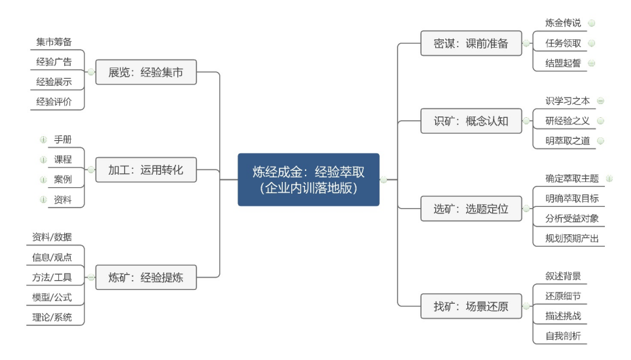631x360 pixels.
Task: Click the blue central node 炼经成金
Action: pyautogui.click(x=308, y=179)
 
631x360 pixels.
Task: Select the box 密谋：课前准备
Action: pyautogui.click(x=471, y=43)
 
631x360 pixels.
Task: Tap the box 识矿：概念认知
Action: pyautogui.click(x=471, y=120)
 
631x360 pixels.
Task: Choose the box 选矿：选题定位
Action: pyautogui.click(x=471, y=208)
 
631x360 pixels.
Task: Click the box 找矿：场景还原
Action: pyautogui.click(x=471, y=306)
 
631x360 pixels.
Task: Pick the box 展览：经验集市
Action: pyautogui.click(x=146, y=72)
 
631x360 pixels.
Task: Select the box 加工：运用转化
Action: pyautogui.click(x=146, y=170)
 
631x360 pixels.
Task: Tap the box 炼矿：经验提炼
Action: pyautogui.click(x=146, y=277)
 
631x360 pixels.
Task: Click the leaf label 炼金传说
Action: pyautogui.click(x=563, y=23)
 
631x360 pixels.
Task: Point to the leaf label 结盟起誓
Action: pyautogui.click(x=563, y=63)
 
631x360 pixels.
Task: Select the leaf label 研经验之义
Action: pyautogui.click(x=568, y=120)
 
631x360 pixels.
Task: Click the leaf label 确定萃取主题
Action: pyautogui.click(x=572, y=178)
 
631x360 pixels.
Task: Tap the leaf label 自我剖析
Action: pyautogui.click(x=563, y=336)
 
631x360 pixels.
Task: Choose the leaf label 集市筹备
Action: pyautogui.click(x=54, y=42)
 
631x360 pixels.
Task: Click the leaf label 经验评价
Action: pyautogui.click(x=54, y=101)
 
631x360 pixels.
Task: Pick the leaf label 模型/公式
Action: pyautogui.click(x=52, y=297)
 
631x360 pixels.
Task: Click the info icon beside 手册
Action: pyautogui.click(x=43, y=139)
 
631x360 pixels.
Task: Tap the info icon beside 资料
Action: pyautogui.click(x=43, y=200)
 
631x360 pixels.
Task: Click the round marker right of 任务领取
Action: pyautogui.click(x=592, y=43)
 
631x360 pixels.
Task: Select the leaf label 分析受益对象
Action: pyautogui.click(x=572, y=219)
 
